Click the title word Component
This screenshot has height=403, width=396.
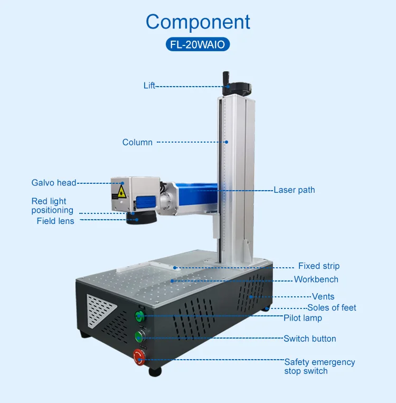click(198, 22)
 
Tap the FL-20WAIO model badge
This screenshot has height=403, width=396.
click(198, 44)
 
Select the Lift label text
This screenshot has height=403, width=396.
click(149, 86)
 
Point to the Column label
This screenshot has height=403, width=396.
click(137, 142)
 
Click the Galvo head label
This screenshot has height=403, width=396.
click(54, 183)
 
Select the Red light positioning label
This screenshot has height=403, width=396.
click(52, 205)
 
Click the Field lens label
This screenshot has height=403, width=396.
click(55, 221)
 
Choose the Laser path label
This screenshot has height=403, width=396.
click(294, 190)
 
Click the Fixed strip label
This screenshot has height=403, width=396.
click(319, 266)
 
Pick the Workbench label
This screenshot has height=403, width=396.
click(316, 279)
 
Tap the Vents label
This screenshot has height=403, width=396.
click(323, 297)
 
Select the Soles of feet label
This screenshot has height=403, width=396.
click(332, 307)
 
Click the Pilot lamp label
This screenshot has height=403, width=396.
click(303, 318)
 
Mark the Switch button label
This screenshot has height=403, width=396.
click(310, 339)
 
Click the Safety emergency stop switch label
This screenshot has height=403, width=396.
click(319, 367)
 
